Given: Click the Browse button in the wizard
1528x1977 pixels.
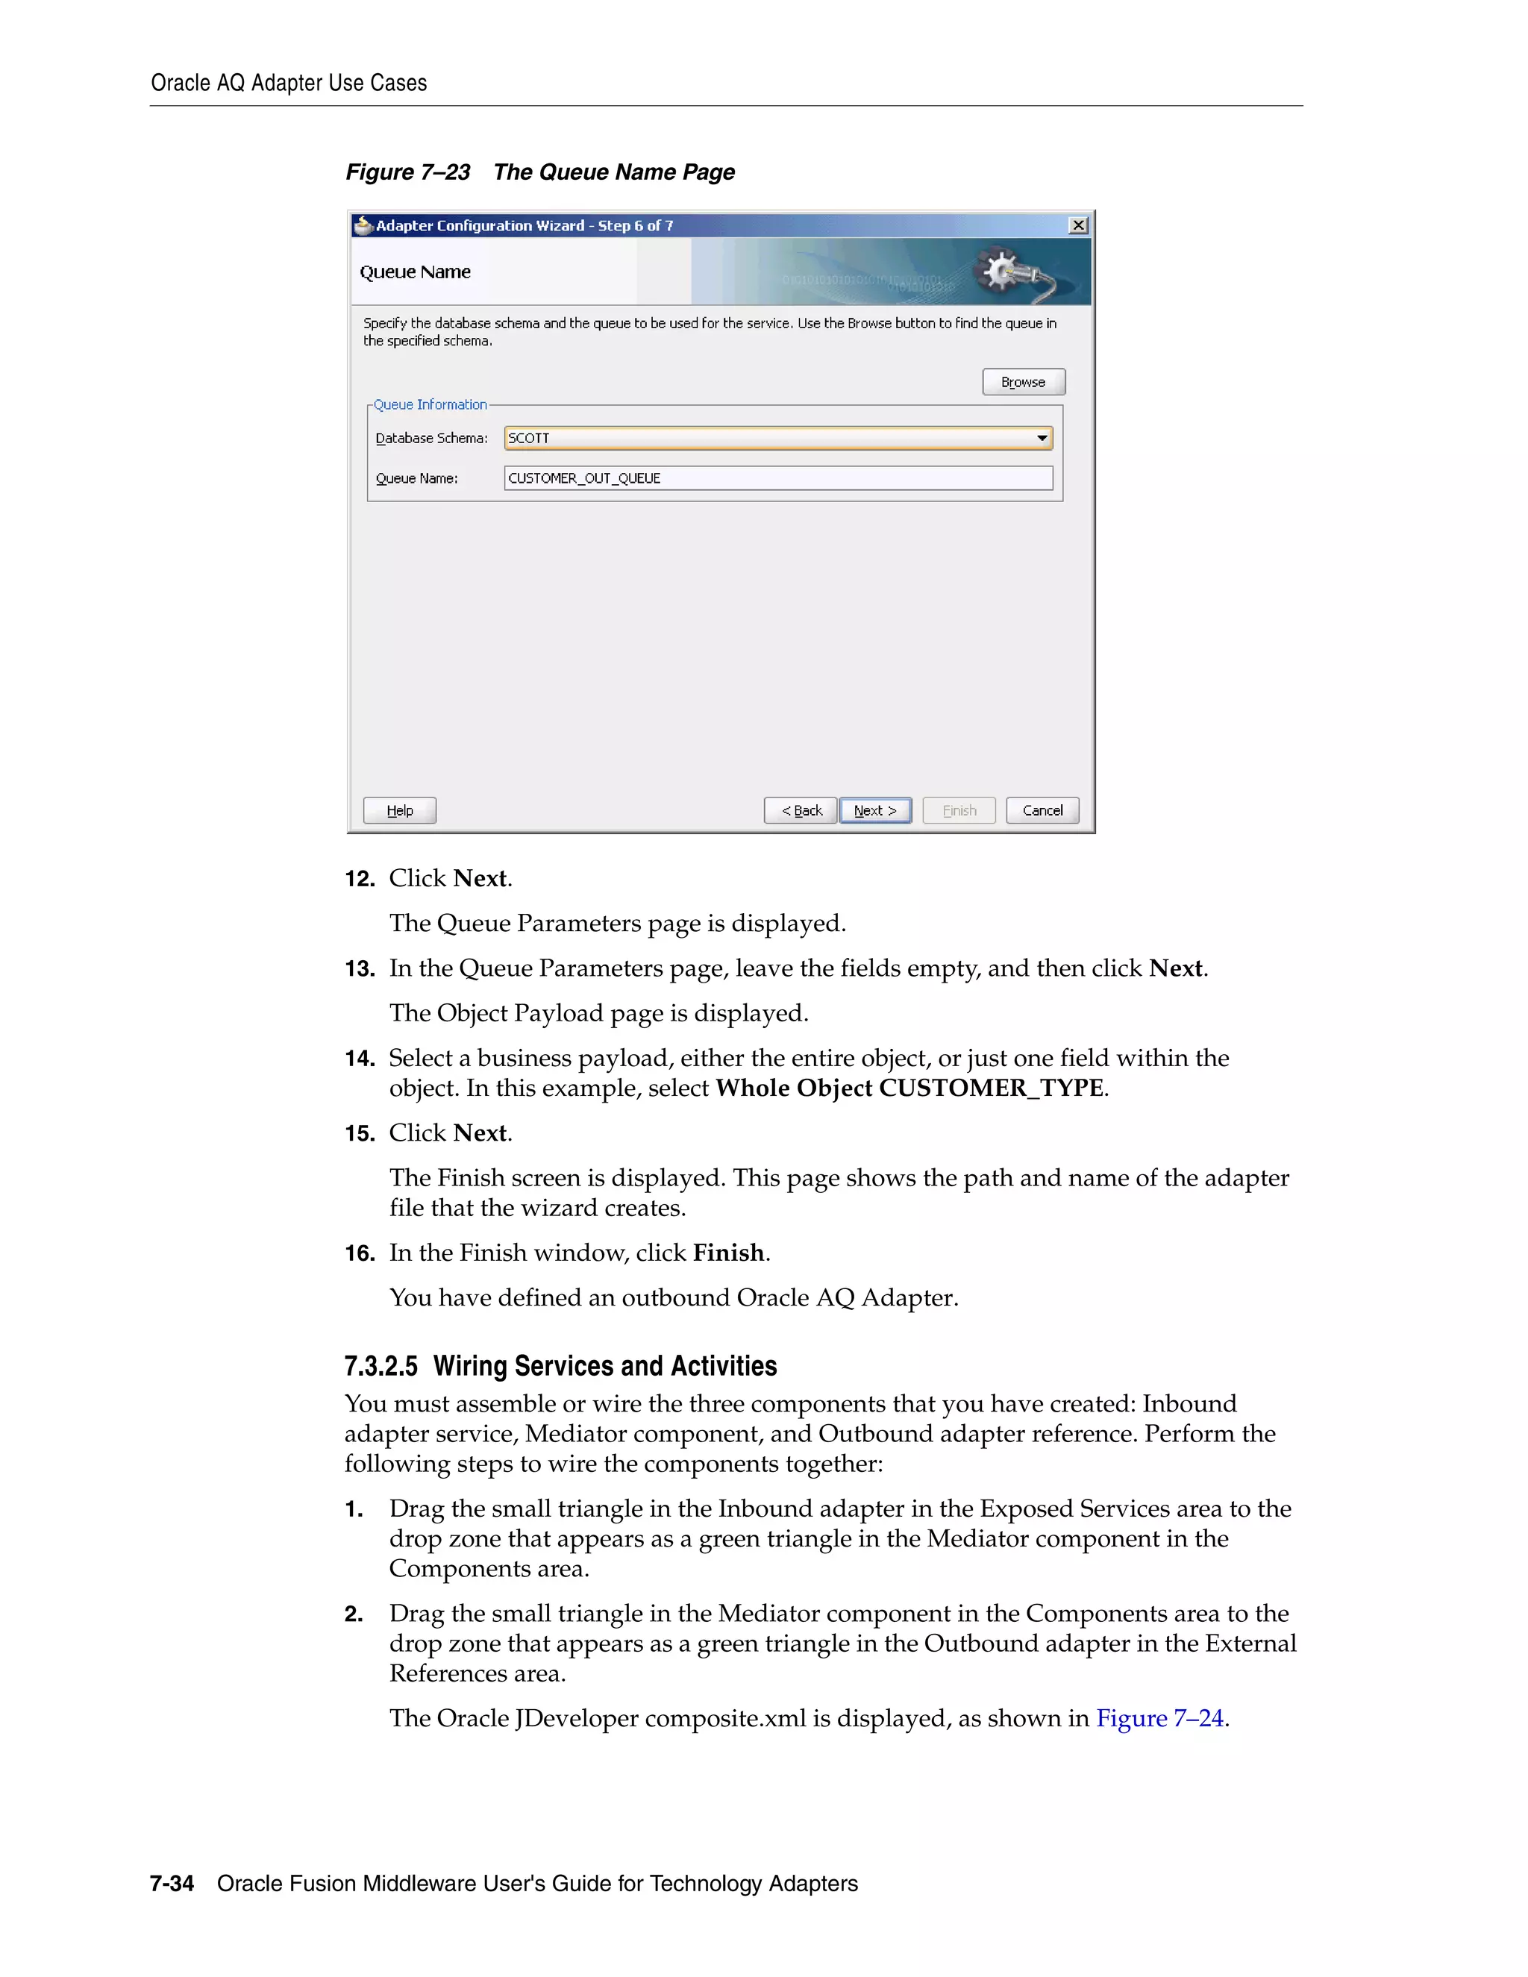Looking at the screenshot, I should tap(1023, 382).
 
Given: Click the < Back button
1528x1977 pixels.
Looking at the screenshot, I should tap(801, 810).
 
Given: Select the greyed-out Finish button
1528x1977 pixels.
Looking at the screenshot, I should tap(959, 810).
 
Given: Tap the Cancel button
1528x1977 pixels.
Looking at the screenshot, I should tap(1042, 810).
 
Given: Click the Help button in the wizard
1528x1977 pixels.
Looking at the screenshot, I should tap(399, 810).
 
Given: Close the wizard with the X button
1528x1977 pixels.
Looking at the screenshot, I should tap(1077, 225).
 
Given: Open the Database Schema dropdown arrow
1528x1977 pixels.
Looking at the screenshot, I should tap(1042, 438).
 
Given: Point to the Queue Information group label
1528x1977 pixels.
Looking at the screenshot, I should tap(430, 404).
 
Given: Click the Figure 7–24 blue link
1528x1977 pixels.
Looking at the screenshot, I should tap(1159, 1718).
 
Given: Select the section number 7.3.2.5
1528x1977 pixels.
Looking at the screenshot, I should tap(381, 1366).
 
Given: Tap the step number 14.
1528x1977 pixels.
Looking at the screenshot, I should tap(360, 1058).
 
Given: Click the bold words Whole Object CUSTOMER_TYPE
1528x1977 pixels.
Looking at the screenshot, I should tap(909, 1088).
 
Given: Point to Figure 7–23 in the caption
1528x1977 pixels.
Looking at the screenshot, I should tap(408, 172).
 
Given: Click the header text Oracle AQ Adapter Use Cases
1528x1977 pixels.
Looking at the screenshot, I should tap(289, 84).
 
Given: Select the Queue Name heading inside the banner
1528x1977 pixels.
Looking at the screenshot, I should tap(416, 272).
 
